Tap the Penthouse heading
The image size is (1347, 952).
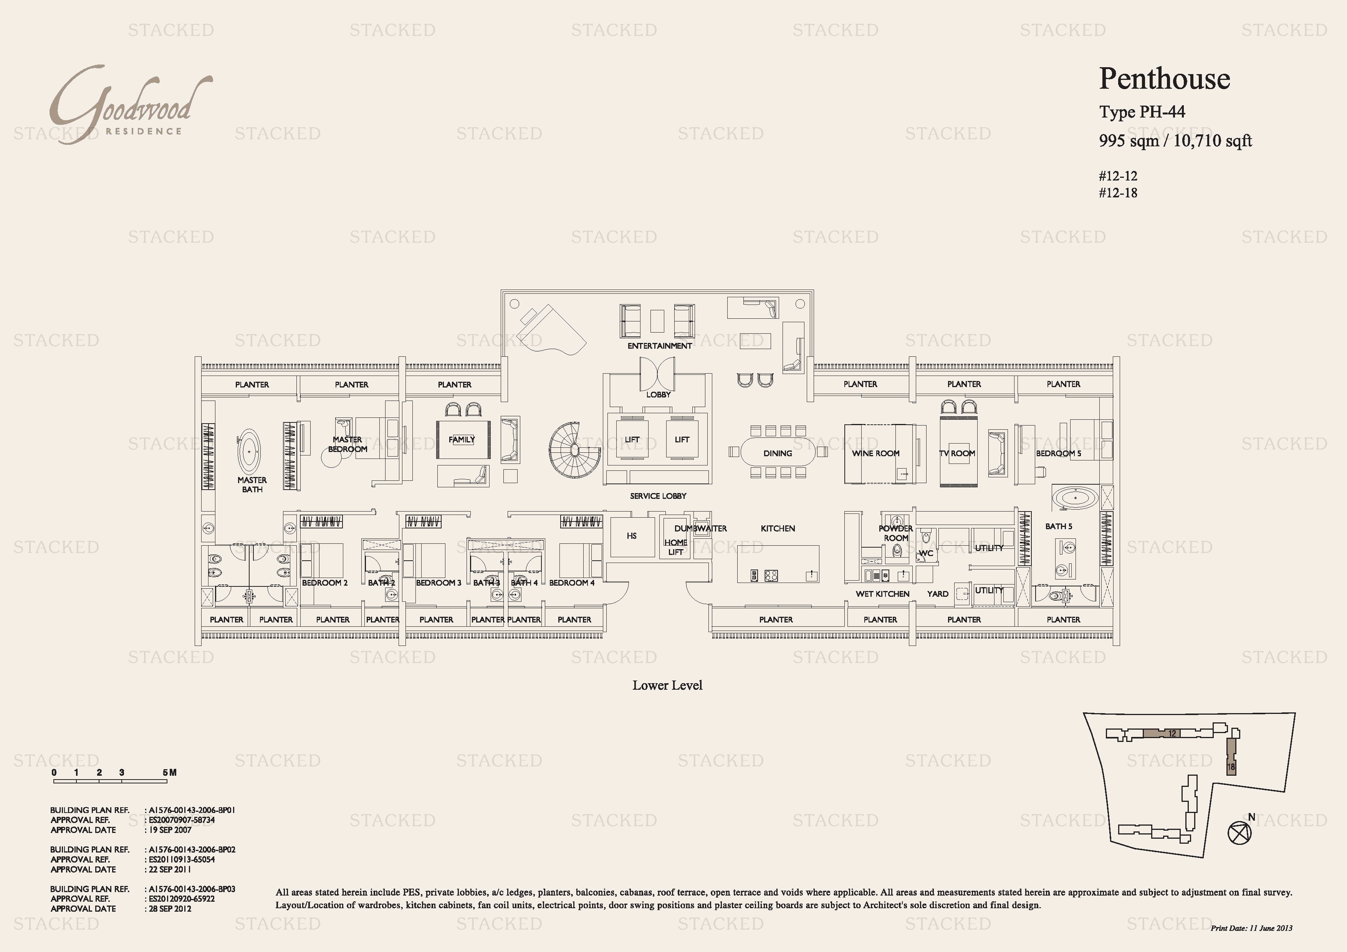pyautogui.click(x=1165, y=79)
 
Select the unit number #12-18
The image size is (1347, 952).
pyautogui.click(x=1118, y=193)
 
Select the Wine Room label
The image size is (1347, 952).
pyautogui.click(x=875, y=454)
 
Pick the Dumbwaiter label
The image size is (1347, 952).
pyautogui.click(x=700, y=528)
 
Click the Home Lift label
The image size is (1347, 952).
pyautogui.click(x=676, y=547)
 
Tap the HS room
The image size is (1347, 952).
pyautogui.click(x=632, y=536)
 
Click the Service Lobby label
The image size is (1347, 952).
pyautogui.click(x=658, y=496)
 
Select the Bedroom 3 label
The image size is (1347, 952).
pyautogui.click(x=438, y=583)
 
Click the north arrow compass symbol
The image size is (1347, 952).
pyautogui.click(x=1239, y=832)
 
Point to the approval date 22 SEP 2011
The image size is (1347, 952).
pyautogui.click(x=170, y=869)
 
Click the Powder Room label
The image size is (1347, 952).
pyautogui.click(x=896, y=533)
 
